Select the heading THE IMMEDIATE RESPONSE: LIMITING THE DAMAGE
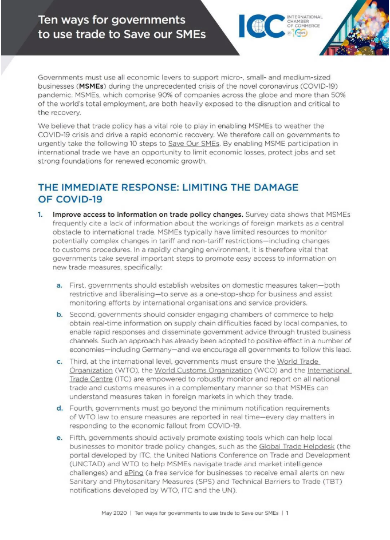(168, 188)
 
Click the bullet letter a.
(59, 284)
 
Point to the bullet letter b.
(59, 315)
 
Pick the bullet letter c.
(59, 362)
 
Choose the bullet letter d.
(59, 408)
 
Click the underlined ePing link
(133, 472)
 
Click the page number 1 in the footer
(295, 513)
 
